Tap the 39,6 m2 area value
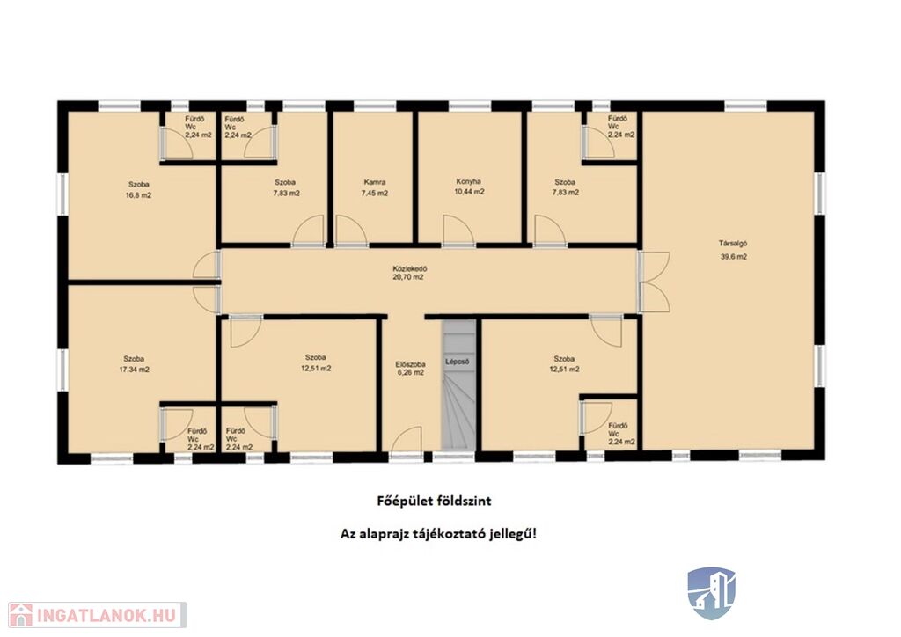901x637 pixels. click(x=734, y=257)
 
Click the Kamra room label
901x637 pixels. click(x=374, y=183)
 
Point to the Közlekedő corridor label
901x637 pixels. click(x=410, y=268)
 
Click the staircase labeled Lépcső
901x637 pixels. click(x=458, y=384)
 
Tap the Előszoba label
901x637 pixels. click(x=410, y=364)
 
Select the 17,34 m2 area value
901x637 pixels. click(x=134, y=370)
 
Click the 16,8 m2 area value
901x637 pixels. click(x=138, y=195)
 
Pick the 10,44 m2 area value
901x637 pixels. click(x=469, y=192)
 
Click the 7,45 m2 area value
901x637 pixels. click(x=374, y=194)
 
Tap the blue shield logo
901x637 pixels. click(x=712, y=593)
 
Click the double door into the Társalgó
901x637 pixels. click(x=654, y=282)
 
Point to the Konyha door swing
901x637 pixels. click(x=458, y=231)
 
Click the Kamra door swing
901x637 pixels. click(x=351, y=231)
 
